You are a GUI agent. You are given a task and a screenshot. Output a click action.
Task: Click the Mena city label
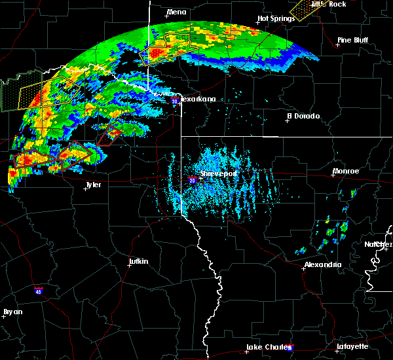click(x=177, y=12)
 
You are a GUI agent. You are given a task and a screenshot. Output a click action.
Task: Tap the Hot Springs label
click(x=273, y=18)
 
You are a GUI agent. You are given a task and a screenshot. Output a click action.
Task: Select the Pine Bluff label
click(x=354, y=40)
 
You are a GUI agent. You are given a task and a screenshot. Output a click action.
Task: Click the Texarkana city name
click(x=198, y=99)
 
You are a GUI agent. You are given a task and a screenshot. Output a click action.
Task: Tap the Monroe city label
click(x=345, y=171)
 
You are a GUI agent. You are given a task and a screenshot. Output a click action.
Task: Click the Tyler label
click(x=93, y=185)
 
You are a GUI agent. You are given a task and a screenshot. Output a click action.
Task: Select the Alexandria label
click(x=322, y=264)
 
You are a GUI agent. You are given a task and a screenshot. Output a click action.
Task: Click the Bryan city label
click(x=12, y=312)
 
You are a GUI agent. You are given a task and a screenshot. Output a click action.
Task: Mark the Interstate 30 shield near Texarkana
click(x=174, y=101)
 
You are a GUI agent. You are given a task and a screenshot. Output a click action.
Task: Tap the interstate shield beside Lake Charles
click(x=290, y=348)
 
